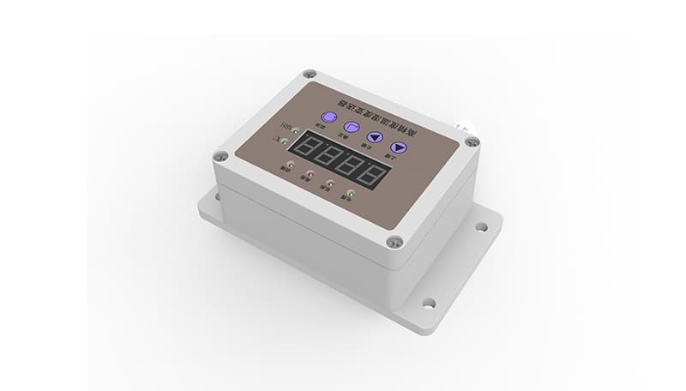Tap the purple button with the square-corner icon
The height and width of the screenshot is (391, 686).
pyautogui.click(x=351, y=127)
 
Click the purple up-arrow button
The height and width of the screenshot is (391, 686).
pyautogui.click(x=375, y=136)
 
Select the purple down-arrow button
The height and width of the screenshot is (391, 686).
pyautogui.click(x=399, y=147)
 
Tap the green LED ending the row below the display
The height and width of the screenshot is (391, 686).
pyautogui.click(x=350, y=192)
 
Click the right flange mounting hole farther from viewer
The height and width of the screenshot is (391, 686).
pyautogui.click(x=481, y=227)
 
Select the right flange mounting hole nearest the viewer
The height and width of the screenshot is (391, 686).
pyautogui.click(x=428, y=302)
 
